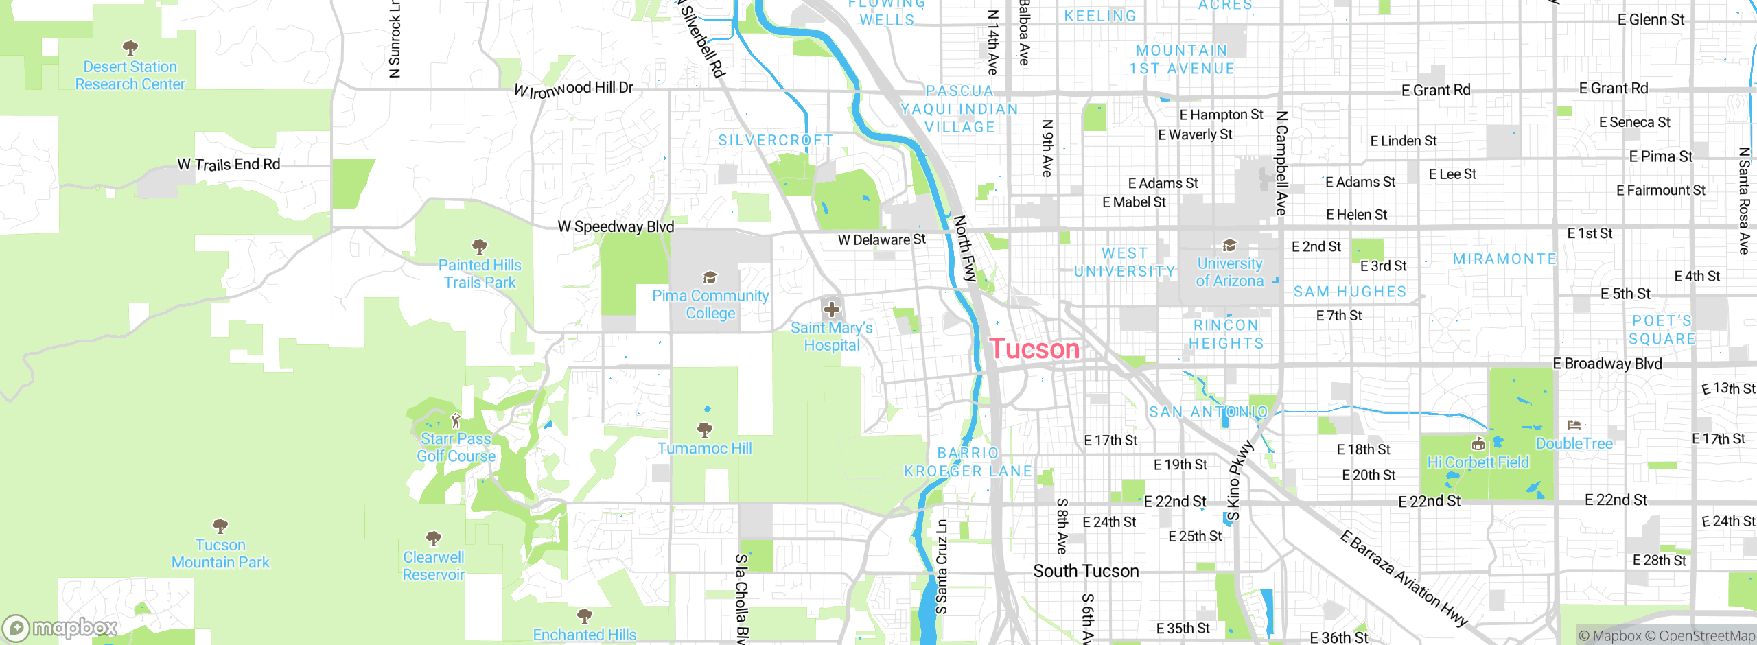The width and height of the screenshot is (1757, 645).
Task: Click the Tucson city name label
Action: click(x=1034, y=349)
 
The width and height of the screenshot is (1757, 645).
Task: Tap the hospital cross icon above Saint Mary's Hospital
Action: click(x=832, y=309)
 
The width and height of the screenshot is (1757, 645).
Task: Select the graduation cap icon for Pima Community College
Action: click(x=710, y=277)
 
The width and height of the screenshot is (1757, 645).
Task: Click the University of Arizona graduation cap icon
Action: click(x=1229, y=245)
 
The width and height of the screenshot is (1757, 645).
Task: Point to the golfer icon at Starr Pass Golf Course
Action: click(x=456, y=420)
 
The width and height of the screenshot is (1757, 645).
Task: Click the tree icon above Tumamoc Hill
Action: click(x=705, y=430)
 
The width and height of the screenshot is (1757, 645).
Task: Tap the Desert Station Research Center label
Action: click(x=130, y=75)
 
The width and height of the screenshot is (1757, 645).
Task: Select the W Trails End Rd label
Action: click(x=229, y=165)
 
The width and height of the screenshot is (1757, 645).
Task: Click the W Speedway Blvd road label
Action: click(x=616, y=226)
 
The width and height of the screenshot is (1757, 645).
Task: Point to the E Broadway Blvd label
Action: click(x=1607, y=364)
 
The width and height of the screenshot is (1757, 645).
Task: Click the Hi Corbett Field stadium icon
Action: click(x=1479, y=443)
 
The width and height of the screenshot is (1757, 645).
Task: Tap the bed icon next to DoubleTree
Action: click(x=1574, y=425)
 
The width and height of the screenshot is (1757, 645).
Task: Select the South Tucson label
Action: click(x=1086, y=571)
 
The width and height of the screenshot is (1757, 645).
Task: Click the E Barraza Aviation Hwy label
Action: click(x=1403, y=578)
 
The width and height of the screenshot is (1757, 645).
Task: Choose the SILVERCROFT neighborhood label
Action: click(x=776, y=141)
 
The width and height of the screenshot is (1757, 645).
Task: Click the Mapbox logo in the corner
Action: click(x=60, y=628)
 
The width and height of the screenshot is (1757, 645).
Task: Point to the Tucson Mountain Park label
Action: click(x=220, y=554)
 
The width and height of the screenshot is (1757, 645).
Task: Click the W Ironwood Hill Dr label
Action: click(x=574, y=89)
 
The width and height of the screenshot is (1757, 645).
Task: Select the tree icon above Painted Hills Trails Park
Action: click(x=480, y=246)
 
